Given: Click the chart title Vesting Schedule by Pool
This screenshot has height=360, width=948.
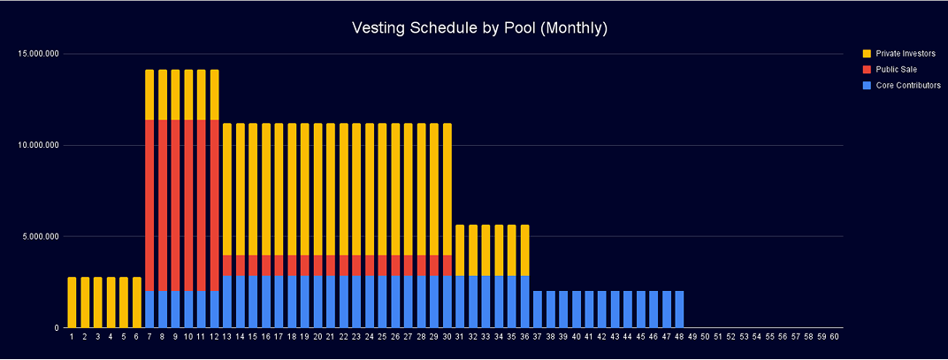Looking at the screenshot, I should (x=473, y=27).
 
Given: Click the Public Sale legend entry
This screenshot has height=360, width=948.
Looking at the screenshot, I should (x=897, y=69).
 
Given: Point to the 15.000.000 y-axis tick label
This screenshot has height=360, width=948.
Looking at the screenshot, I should (x=38, y=54).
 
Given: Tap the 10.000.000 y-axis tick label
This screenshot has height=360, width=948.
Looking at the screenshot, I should (x=38, y=145).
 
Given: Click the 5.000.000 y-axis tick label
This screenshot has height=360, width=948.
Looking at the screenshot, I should (x=41, y=236).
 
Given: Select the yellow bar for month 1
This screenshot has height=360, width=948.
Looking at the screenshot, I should (x=72, y=303).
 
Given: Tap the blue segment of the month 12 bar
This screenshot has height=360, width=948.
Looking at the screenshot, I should (x=214, y=310).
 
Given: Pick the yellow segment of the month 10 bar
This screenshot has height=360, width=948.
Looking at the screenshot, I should (x=188, y=95).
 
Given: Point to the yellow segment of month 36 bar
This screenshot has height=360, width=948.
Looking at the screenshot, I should (x=524, y=250).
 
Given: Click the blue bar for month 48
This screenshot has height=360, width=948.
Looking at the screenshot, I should (x=679, y=310).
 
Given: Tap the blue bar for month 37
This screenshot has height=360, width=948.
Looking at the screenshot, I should (x=538, y=310).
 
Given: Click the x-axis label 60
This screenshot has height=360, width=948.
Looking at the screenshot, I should (x=834, y=337).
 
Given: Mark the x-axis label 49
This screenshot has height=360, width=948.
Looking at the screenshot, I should (x=692, y=337).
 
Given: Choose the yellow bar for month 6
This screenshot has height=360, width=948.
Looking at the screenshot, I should (x=136, y=303).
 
